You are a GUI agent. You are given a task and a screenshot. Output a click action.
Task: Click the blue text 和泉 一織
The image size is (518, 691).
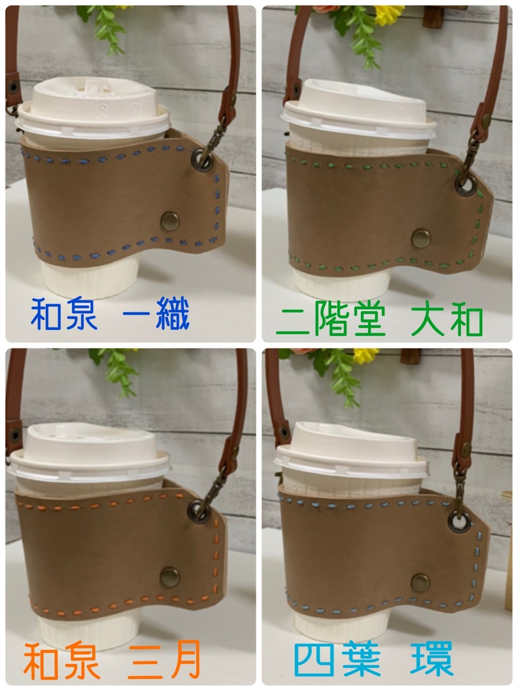pos(110,314)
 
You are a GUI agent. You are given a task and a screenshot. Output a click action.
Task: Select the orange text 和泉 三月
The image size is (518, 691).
pos(112,660)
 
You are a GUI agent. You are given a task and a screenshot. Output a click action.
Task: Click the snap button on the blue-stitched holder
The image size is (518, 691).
pos(170,221)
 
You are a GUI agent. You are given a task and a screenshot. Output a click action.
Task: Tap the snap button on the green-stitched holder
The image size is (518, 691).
pos(421,238)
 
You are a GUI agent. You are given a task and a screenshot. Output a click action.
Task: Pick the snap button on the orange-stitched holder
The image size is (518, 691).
pos(170,576)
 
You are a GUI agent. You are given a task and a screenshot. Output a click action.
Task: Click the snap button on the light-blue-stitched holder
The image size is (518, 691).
pos(420,582)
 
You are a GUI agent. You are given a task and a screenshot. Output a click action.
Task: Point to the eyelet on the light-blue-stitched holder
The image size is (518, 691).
pos(459,522)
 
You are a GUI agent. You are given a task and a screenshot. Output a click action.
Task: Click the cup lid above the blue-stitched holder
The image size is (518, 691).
pos(93,109)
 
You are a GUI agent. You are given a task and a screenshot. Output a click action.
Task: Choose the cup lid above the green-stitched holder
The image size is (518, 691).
pos(357,109)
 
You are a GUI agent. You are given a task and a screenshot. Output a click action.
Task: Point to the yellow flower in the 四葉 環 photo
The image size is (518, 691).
pos(366,355)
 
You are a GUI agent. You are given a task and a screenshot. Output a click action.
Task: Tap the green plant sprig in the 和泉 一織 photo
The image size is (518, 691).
pos(104,26)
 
